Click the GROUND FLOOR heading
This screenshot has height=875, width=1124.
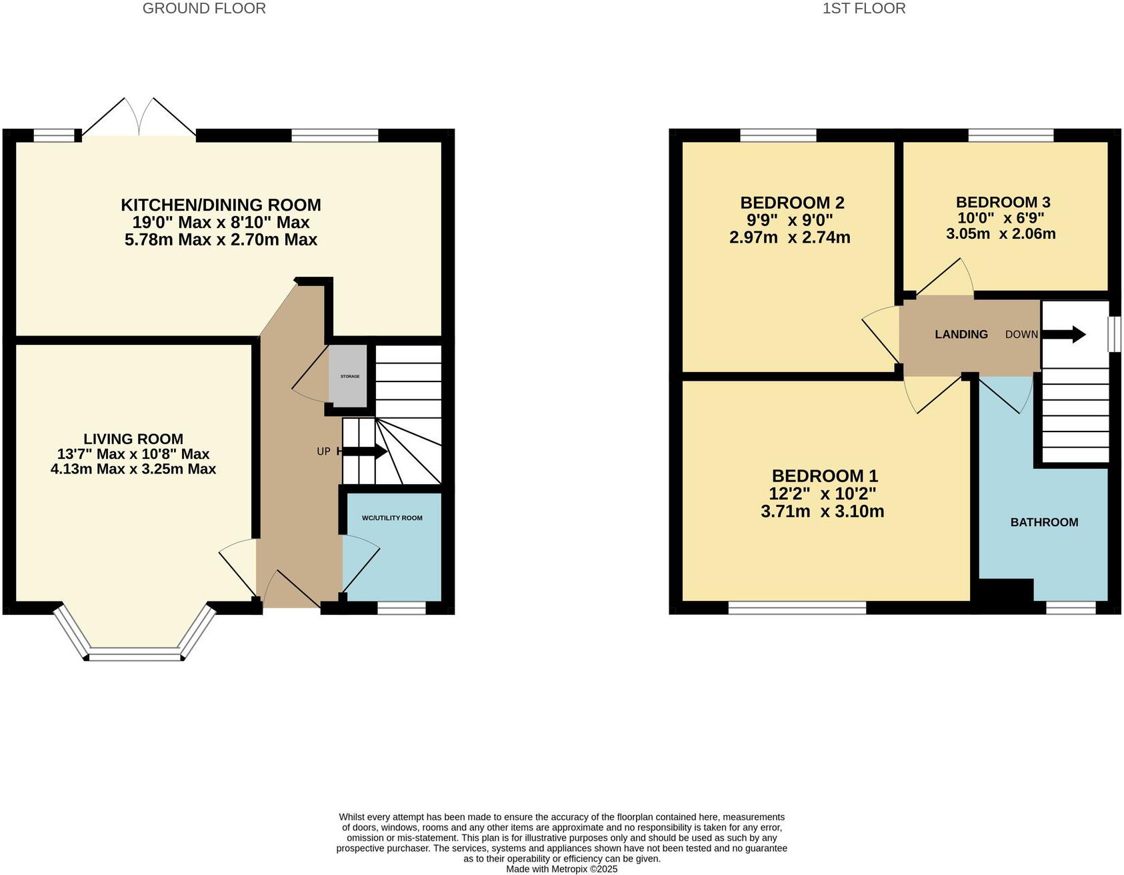204,9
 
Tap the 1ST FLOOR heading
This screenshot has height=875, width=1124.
863,9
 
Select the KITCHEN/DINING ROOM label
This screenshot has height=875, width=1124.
221,205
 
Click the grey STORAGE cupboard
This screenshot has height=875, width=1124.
350,376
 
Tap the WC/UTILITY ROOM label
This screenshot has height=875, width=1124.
392,518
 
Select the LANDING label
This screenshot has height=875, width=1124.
961,334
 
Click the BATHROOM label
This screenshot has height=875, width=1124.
1044,522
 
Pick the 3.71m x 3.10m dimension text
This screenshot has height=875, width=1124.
822,512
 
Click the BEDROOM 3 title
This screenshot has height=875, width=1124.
1003,202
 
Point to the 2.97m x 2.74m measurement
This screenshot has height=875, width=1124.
789,237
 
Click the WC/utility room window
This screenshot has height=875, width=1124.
401,608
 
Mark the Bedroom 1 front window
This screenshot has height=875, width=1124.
797,608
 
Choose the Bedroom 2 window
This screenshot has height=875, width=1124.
778,135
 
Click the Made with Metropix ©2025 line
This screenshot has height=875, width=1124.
561,869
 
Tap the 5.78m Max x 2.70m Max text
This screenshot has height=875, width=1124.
221,239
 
